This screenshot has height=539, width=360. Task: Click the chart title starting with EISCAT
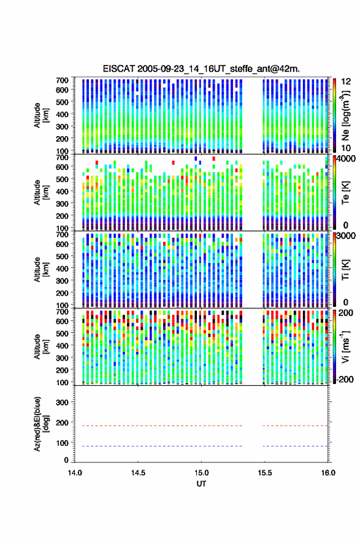tap(201, 69)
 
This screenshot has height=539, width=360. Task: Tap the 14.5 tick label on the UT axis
tap(138, 473)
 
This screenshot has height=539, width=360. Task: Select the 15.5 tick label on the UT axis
tap(264, 473)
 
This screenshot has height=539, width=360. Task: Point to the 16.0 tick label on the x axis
tap(327, 473)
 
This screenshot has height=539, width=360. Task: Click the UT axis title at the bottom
tap(201, 484)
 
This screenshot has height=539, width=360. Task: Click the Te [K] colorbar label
tap(345, 193)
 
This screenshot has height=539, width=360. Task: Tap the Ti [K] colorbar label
tap(345, 270)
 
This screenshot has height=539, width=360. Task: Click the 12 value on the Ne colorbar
tap(346, 82)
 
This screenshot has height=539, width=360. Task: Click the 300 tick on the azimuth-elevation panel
tap(62, 402)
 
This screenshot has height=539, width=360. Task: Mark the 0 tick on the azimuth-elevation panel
tap(66, 460)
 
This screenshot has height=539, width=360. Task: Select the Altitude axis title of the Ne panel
tap(41, 115)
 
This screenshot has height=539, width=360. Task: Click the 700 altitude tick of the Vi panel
tap(62, 312)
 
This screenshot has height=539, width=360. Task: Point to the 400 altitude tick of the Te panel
tap(62, 191)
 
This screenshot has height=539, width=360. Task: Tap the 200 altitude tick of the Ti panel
tap(62, 293)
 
